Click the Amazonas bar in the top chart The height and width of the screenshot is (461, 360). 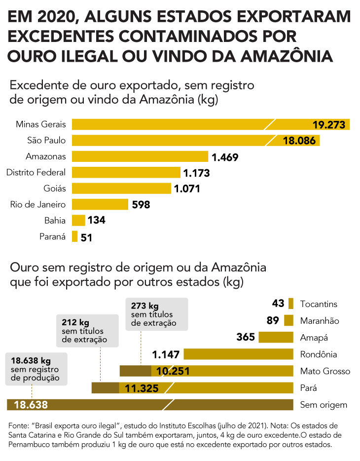coord(140,156)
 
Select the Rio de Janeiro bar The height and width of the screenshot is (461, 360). coord(100,204)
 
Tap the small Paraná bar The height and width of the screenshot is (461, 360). coord(74,236)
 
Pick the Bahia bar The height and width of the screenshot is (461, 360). coord(78,220)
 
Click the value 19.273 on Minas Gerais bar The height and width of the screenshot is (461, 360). coord(329,125)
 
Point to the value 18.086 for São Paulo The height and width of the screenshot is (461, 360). coord(299,141)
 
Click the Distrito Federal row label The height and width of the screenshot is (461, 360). coord(36,172)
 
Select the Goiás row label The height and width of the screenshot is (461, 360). coord(55,189)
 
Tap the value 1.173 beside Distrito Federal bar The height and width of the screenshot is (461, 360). coord(196,173)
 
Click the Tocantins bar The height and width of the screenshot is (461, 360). coord(290,304)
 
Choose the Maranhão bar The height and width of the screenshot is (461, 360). coord(288,320)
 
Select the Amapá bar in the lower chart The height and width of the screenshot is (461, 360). coord(276,337)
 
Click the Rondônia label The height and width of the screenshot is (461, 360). coord(318,354)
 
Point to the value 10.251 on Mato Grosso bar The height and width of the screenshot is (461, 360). coord(173,371)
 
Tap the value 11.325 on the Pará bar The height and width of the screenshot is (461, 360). coord(142,388)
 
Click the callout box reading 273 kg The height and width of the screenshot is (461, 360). coord(157,314)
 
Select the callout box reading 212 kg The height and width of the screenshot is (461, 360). coord(87,331)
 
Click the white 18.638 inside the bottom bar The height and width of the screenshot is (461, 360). coord(31,405)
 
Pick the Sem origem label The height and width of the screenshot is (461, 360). coord(324,405)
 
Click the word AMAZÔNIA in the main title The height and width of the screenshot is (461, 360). coord(287,56)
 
